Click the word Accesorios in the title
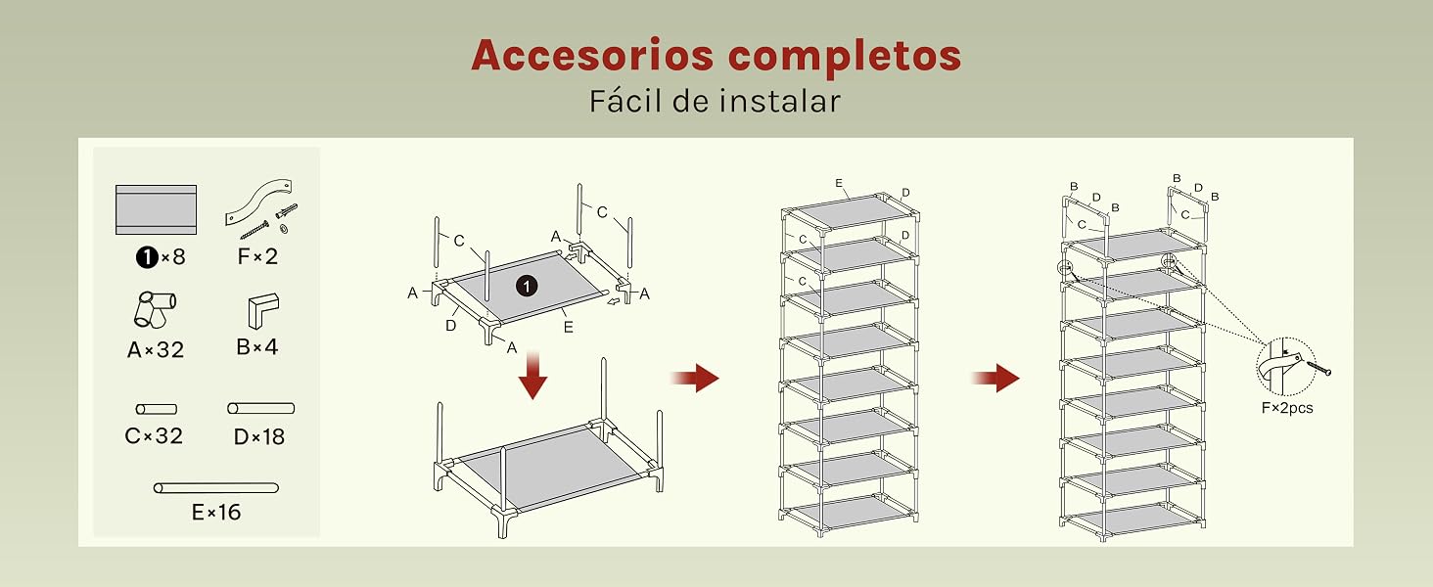coord(592,55)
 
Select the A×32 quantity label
coord(156,350)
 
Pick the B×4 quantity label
coord(257,347)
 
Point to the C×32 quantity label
coord(154,436)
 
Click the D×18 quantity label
coord(259,436)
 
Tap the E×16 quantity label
coord(216,513)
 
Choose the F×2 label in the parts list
coord(257,256)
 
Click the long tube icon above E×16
coord(216,488)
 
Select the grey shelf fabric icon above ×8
coord(156,209)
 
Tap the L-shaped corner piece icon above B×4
coord(263,311)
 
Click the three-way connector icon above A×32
coord(156,309)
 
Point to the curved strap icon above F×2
coord(258,201)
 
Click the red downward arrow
coord(532,375)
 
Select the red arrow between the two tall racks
coord(995,378)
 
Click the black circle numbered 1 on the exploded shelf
coord(527,286)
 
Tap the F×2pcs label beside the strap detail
coord(1287,408)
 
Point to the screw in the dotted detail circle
coord(1318,368)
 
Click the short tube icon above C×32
coord(156,409)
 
